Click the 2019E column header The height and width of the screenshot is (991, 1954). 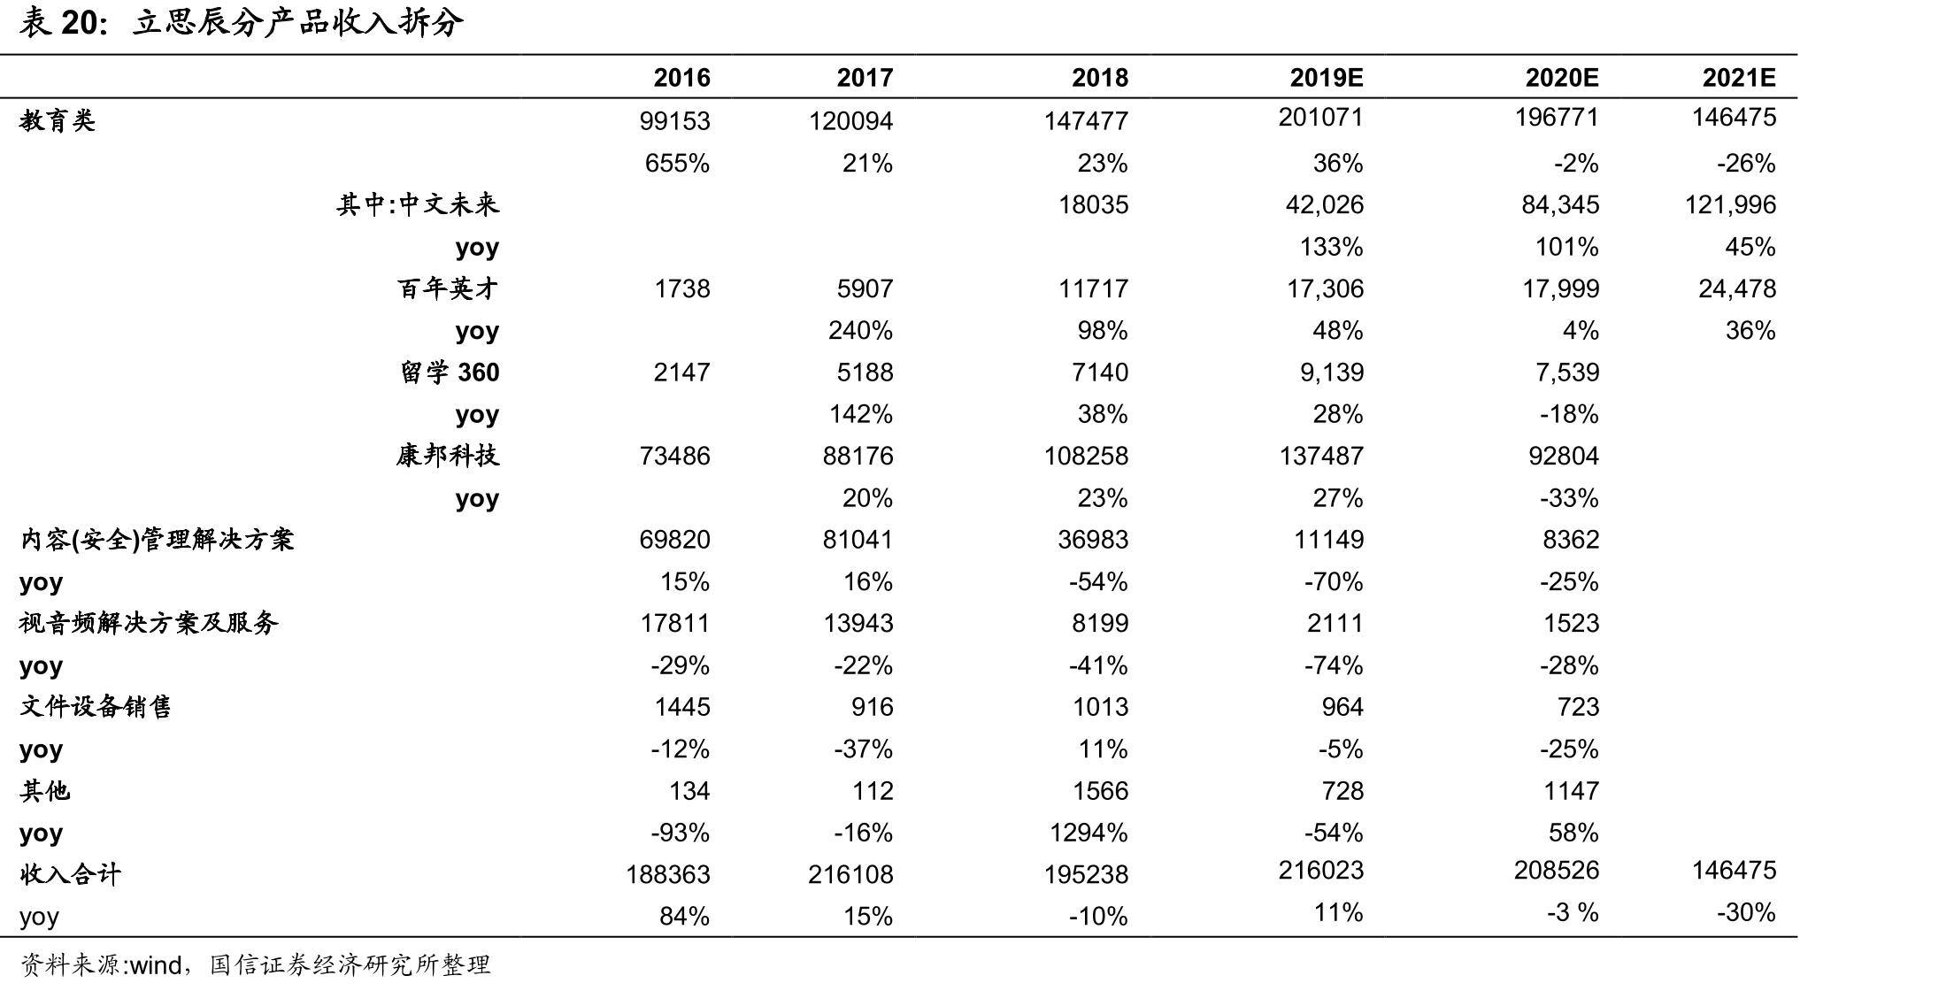pyautogui.click(x=1326, y=78)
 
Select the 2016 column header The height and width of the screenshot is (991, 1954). pyautogui.click(x=681, y=78)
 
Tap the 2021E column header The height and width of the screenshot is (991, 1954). pyautogui.click(x=1739, y=78)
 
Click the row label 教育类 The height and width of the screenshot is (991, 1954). pyautogui.click(x=58, y=120)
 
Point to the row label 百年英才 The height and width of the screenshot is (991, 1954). pyautogui.click(x=448, y=288)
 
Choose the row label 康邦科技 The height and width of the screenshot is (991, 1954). pyautogui.click(x=448, y=456)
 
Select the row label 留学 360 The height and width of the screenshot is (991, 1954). pyautogui.click(x=450, y=373)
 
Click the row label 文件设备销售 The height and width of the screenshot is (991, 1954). pyautogui.click(x=96, y=707)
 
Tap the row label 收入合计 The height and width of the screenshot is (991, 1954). pyautogui.click(x=70, y=874)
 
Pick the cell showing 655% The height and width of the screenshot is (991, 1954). pyautogui.click(x=677, y=164)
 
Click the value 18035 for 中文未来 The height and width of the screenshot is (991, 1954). pyautogui.click(x=1093, y=205)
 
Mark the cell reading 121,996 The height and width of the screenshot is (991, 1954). pyautogui.click(x=1730, y=205)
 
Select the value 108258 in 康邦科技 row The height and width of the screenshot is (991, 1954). pyautogui.click(x=1086, y=457)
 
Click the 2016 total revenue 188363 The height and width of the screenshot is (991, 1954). pyautogui.click(x=668, y=875)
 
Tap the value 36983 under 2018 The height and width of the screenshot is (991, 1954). pyautogui.click(x=1093, y=540)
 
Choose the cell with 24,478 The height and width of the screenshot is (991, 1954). pyautogui.click(x=1737, y=289)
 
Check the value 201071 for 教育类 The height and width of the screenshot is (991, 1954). pyautogui.click(x=1320, y=118)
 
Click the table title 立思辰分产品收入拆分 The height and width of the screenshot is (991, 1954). pyautogui.click(x=298, y=23)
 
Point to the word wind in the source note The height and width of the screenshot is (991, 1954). pyautogui.click(x=156, y=965)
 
